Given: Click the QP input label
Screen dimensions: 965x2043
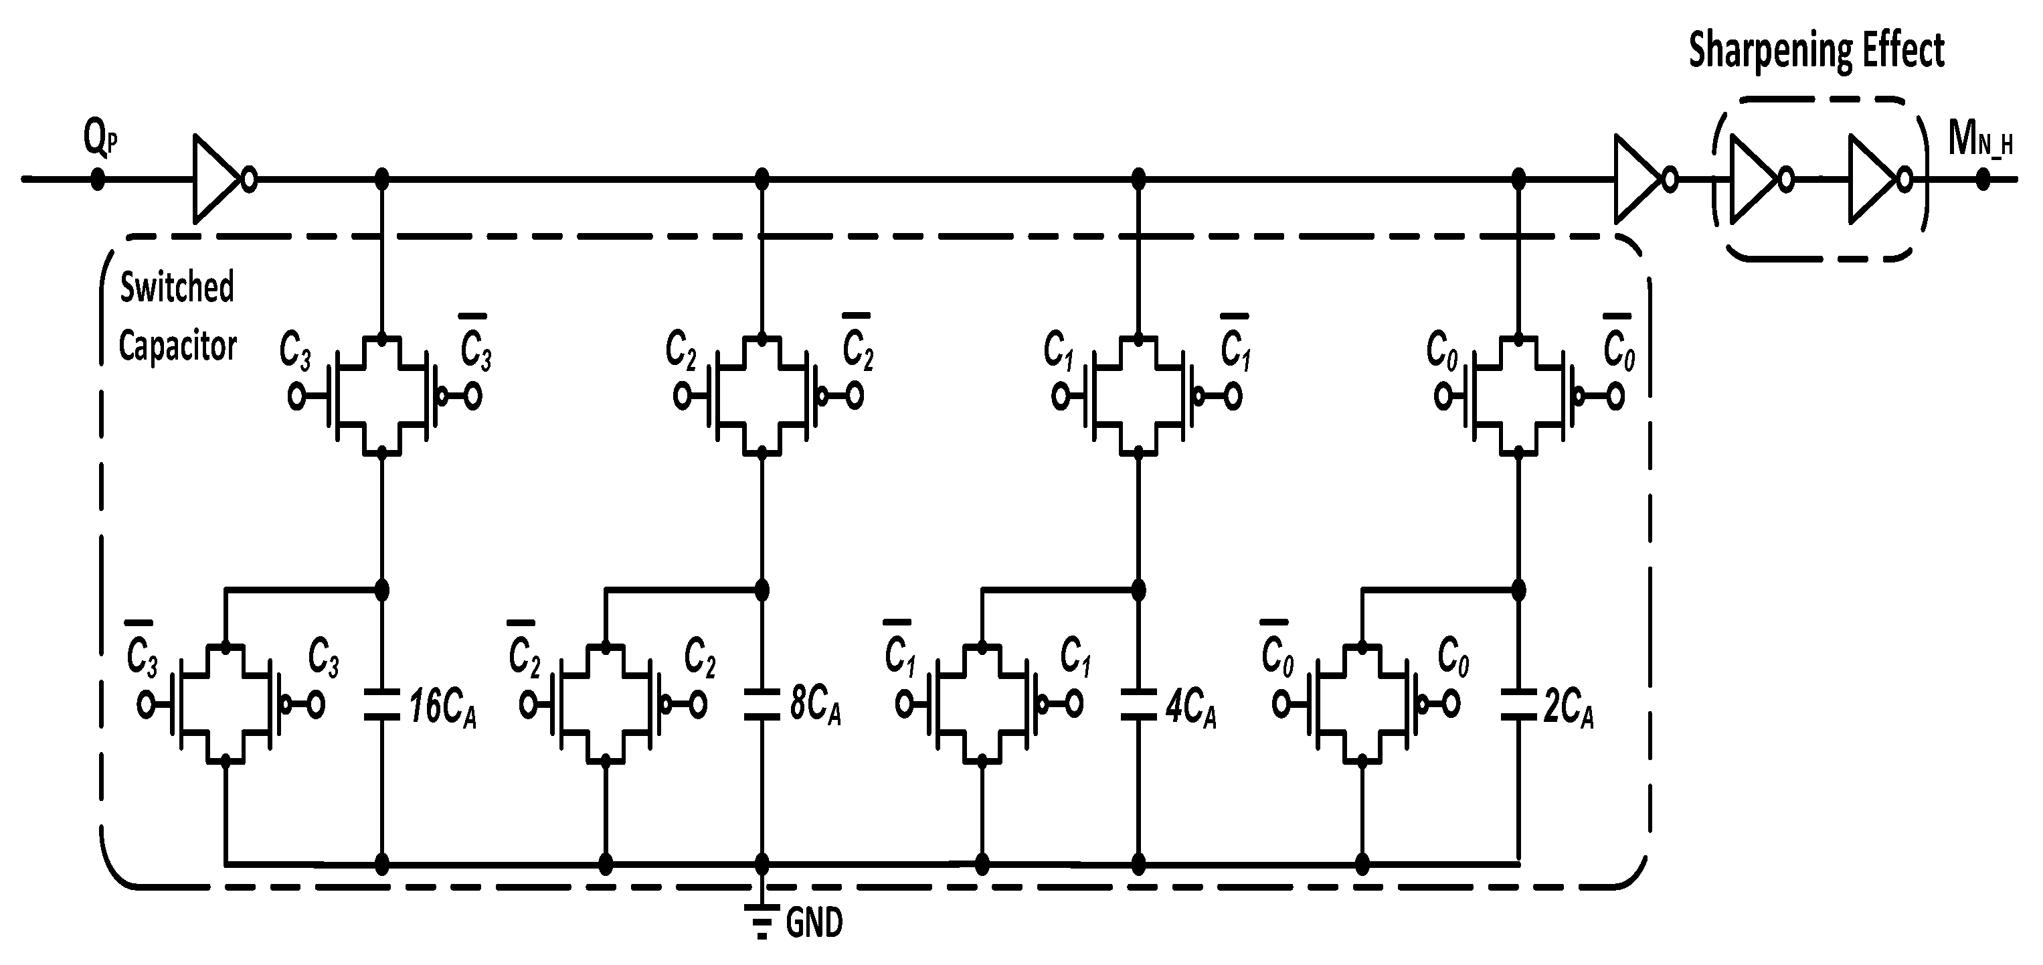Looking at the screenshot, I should pos(100,139).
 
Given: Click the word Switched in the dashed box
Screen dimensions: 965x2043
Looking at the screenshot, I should pos(177,287).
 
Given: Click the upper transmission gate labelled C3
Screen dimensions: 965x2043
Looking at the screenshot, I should pos(381,395).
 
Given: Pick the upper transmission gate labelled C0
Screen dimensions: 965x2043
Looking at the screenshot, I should pos(1518,395).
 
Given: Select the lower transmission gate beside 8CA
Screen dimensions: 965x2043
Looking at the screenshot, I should pos(605,704).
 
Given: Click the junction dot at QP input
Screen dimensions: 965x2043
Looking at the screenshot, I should pos(97,179).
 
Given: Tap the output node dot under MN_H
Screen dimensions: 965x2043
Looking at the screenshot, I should pos(1983,179).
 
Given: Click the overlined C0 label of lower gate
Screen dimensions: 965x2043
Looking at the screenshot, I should pos(1276,652).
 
